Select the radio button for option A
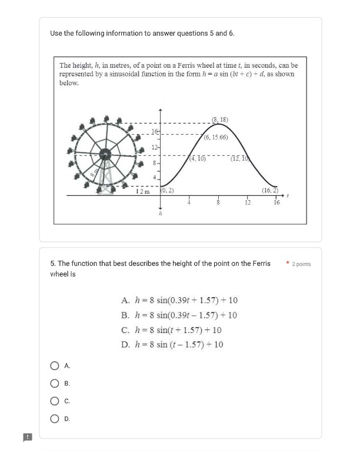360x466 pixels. [x=55, y=366]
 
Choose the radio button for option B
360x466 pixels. [x=55, y=384]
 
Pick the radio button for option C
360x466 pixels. [x=55, y=401]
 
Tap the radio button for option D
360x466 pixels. [x=55, y=419]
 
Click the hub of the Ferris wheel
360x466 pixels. [x=105, y=155]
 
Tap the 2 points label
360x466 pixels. [x=301, y=264]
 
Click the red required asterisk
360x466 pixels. [x=288, y=264]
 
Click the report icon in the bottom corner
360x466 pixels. [x=27, y=437]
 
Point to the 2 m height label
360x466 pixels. [x=143, y=191]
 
